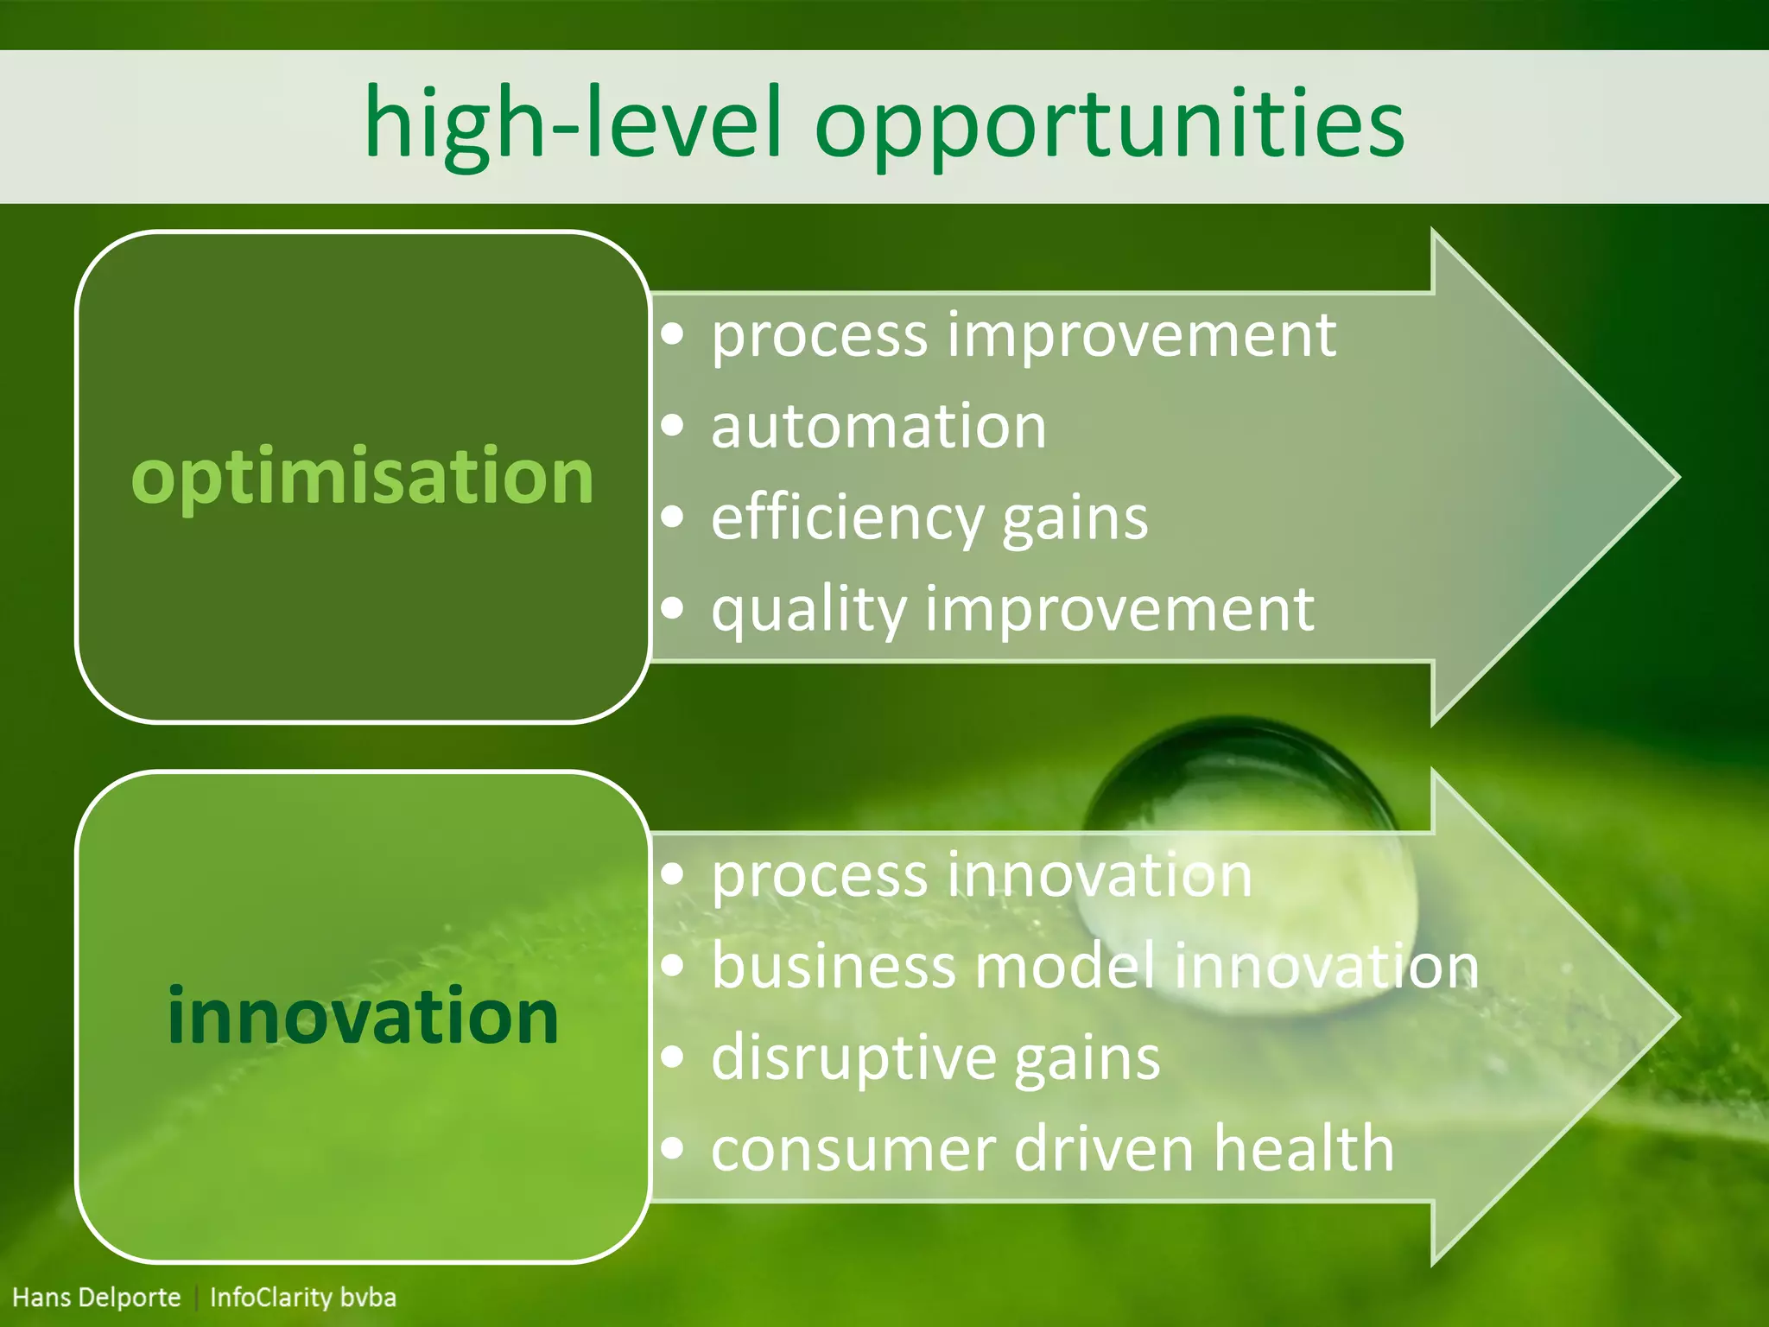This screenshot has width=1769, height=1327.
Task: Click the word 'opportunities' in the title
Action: pyautogui.click(x=1109, y=125)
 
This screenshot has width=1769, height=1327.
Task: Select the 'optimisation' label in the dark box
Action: pyautogui.click(x=362, y=477)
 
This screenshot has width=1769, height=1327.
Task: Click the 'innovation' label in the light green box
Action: pyautogui.click(x=363, y=1017)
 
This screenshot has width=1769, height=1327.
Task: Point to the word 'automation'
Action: pyautogui.click(x=878, y=427)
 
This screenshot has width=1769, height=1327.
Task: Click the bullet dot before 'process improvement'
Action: pyautogui.click(x=673, y=334)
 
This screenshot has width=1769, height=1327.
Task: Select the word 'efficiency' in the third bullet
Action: pyautogui.click(x=847, y=519)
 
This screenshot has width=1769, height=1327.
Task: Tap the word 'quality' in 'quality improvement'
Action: pyautogui.click(x=808, y=610)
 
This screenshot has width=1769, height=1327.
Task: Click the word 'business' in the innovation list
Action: pyautogui.click(x=834, y=967)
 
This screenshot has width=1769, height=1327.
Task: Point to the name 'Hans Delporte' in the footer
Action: pyautogui.click(x=97, y=1298)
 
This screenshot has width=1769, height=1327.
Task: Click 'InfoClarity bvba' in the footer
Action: pyautogui.click(x=303, y=1298)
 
